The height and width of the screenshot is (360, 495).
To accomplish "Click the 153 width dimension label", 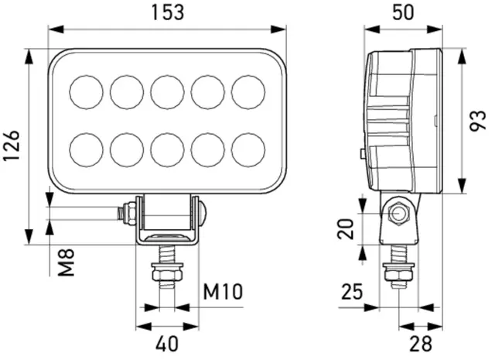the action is pos(168,12).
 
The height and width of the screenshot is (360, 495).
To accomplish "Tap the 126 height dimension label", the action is pos(12,146).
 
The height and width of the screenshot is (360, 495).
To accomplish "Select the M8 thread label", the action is pos(67,262).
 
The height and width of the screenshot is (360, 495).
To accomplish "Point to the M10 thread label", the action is pos(223,291).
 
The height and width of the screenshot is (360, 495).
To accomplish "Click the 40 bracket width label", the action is pos(167,344).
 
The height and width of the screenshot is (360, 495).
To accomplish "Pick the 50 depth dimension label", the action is pos(403,12).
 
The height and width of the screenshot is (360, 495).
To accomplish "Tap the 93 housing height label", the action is pos(478,121).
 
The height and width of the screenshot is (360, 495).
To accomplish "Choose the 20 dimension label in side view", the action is pos(346,228).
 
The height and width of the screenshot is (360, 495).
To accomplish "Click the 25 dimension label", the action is pos(353,291).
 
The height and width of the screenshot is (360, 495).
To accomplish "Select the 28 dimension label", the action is pos(421,344).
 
